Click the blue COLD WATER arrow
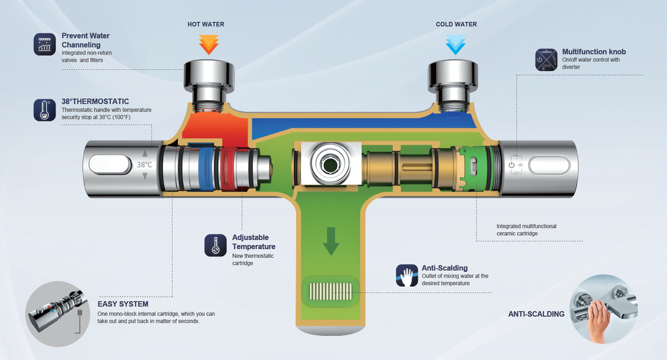455,45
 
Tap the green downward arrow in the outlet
330,241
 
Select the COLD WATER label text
456,25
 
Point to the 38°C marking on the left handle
144,164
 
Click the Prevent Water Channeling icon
45,44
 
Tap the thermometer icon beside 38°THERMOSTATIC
45,110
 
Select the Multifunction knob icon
546,59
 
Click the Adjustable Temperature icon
215,245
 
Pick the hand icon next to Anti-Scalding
407,275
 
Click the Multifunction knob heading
594,52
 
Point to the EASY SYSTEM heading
122,304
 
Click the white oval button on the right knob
549,164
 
